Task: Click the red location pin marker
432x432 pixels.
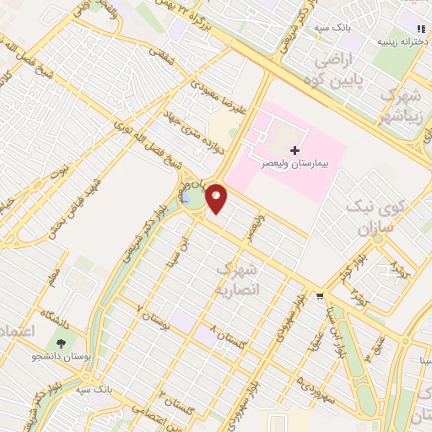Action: (217, 199)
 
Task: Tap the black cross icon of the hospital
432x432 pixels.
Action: (294, 149)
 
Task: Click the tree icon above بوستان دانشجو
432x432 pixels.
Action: (61, 343)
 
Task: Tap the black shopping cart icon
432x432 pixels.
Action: (319, 296)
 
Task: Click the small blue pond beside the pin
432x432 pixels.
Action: (185, 199)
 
